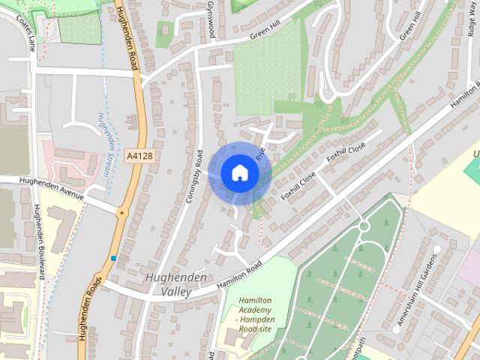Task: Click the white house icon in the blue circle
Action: (239, 172)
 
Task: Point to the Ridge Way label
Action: (472, 37)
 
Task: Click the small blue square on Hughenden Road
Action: (114, 258)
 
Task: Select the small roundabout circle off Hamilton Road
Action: (364, 226)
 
